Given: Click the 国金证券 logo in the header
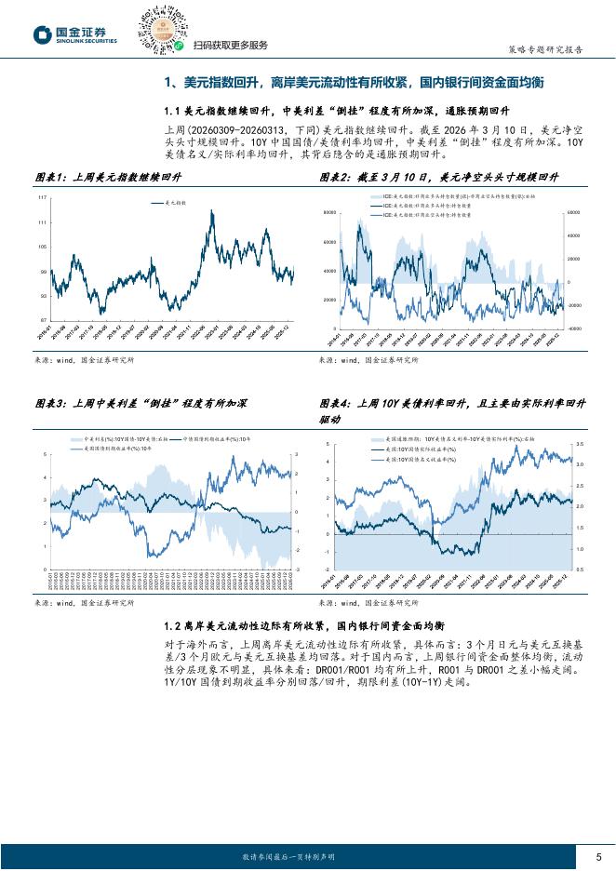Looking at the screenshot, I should (74, 34).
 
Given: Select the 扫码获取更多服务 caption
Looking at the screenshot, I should (230, 45).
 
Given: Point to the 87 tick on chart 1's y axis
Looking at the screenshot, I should (43, 320).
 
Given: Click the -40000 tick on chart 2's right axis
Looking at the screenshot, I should (573, 328).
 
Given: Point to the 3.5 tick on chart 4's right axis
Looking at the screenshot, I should (579, 444).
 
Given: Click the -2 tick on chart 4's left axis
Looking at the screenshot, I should (328, 569).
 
